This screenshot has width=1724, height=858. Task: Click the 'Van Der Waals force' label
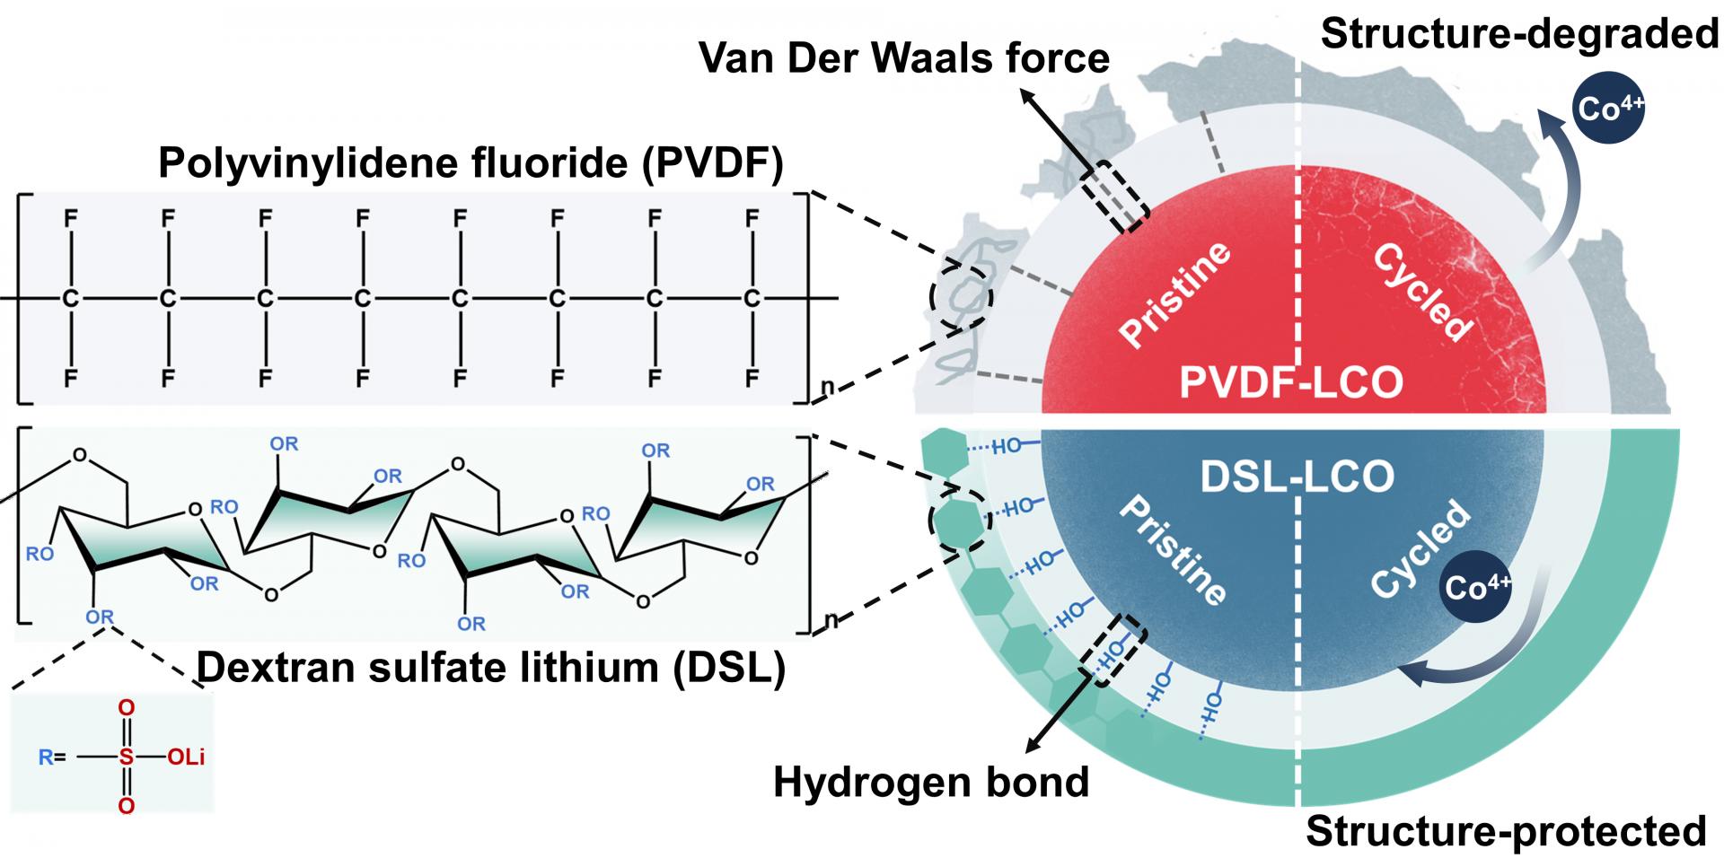click(904, 58)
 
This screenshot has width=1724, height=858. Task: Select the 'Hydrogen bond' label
click(931, 783)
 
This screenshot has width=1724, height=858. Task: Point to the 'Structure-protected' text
click(1506, 831)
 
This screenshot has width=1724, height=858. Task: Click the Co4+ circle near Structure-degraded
click(1609, 109)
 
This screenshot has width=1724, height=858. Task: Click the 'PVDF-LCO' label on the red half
click(1291, 382)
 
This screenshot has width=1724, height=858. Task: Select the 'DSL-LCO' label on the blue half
click(1297, 477)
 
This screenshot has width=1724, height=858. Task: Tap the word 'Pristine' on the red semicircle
click(1175, 293)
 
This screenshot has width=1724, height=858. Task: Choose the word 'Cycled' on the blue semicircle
click(1421, 549)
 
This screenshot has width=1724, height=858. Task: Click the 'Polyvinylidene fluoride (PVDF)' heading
click(471, 163)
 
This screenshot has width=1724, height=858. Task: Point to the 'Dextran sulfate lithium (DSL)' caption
click(490, 668)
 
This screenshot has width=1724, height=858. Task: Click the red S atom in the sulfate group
click(126, 757)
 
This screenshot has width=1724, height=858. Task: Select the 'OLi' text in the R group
click(187, 757)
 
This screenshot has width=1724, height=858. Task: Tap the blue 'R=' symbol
click(51, 757)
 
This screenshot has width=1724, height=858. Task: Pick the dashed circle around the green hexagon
click(960, 519)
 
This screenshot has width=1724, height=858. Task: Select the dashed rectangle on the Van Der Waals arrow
click(1113, 198)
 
